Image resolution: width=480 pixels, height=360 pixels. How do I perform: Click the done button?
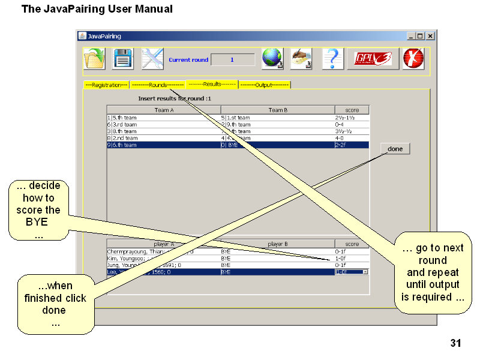(395, 149)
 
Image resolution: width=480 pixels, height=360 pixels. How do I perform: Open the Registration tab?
(106, 85)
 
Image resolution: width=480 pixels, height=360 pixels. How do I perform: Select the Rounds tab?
(157, 85)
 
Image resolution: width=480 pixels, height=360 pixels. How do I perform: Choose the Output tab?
(264, 85)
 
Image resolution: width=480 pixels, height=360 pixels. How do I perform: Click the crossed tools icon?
(152, 59)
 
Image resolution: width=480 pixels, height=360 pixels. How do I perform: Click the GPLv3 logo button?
(373, 59)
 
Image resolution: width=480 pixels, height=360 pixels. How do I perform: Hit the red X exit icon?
(413, 59)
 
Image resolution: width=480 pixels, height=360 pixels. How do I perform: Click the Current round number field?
(233, 60)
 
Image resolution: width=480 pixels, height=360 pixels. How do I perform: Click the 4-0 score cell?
(352, 138)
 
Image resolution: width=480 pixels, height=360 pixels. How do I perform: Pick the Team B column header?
(278, 110)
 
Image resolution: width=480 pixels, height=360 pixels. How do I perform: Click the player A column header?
(164, 244)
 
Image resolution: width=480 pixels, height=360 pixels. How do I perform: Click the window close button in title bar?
(430, 36)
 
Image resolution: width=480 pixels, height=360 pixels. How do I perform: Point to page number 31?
(455, 344)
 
